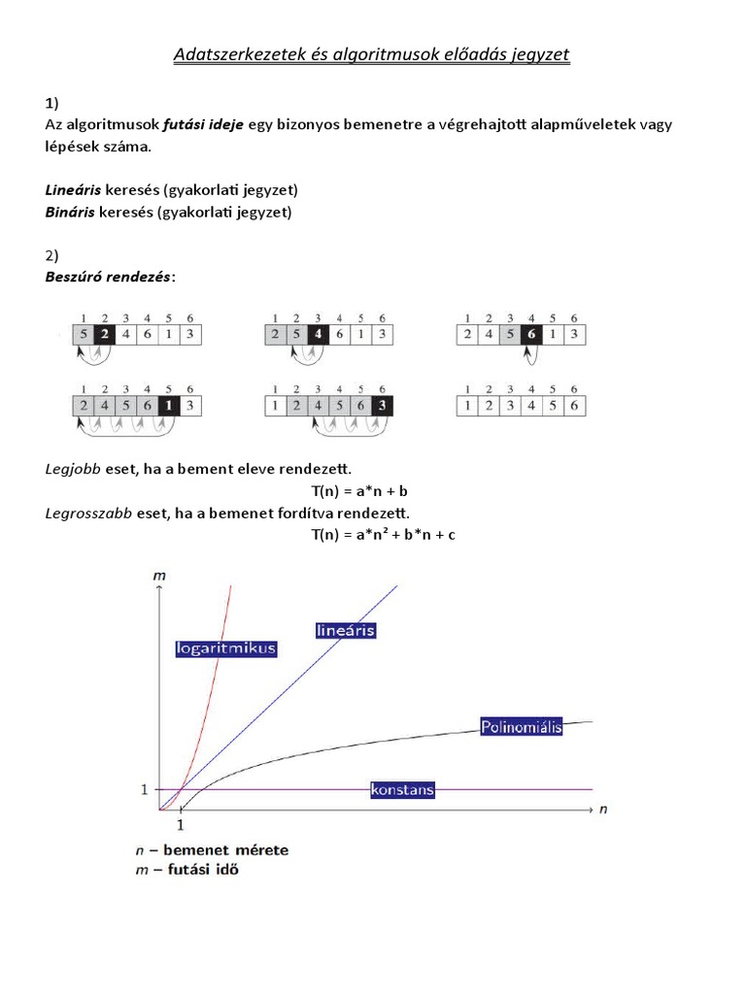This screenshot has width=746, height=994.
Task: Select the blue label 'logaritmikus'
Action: [227, 648]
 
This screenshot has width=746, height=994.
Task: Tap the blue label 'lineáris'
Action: [346, 630]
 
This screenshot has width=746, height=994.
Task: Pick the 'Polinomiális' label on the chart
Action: [522, 726]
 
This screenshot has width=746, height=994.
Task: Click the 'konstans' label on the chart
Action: [402, 790]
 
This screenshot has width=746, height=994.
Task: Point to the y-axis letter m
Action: [159, 577]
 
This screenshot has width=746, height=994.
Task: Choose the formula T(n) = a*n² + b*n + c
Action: [383, 534]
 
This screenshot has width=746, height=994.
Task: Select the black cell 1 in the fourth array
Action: [169, 405]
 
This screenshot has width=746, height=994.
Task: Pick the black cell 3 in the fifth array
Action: [382, 405]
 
